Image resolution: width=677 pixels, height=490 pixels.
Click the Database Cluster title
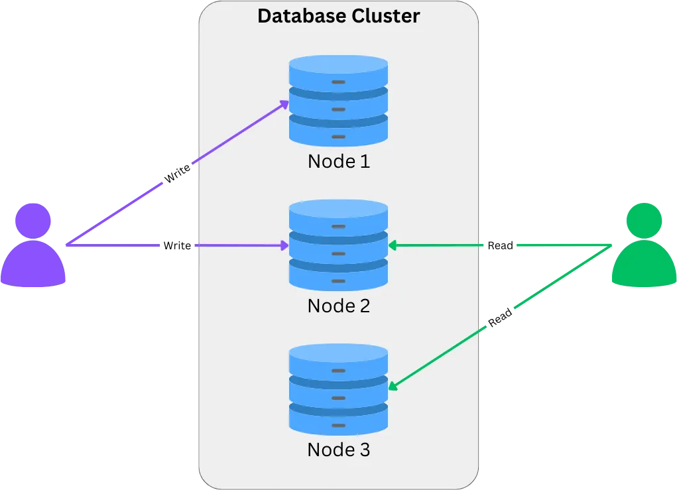coord(338,16)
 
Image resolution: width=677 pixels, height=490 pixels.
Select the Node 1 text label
coord(338,161)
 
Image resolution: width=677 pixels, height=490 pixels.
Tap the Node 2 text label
coord(338,306)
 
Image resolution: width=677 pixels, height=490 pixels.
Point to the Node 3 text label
coord(338,450)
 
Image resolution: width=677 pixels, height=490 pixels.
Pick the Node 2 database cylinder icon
coord(338,245)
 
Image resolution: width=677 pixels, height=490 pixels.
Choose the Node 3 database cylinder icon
coord(338,389)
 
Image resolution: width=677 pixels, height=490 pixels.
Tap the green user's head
coord(644,221)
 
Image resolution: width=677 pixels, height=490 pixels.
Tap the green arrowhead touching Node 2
coord(392,246)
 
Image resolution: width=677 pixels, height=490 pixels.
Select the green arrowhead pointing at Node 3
coord(393,386)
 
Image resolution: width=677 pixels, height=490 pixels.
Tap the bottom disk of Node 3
coord(338,415)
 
